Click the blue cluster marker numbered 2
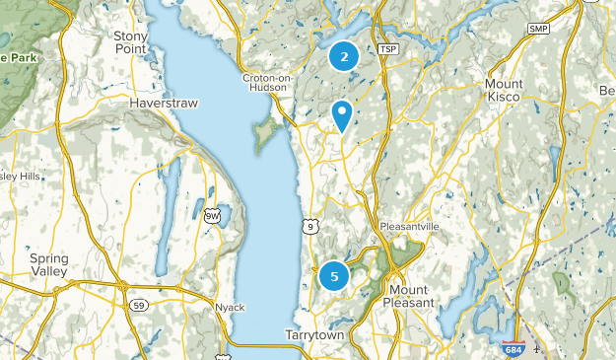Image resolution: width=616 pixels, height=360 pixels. point(343,57)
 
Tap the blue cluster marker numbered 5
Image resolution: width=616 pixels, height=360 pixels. point(334,276)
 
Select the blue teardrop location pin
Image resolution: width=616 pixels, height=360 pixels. point(342,115)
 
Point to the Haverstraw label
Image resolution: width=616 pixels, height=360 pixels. point(158,102)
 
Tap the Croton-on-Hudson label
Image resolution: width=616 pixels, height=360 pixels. point(266,82)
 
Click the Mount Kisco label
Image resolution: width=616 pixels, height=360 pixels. point(504,91)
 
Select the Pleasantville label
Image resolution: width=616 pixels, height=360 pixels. point(409,226)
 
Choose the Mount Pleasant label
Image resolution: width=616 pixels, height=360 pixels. point(409,295)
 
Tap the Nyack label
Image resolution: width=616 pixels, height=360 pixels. point(229,308)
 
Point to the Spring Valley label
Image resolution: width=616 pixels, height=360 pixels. point(48,264)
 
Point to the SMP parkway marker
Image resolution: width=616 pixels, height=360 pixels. point(538,30)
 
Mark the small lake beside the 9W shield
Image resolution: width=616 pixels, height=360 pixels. point(226,211)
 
